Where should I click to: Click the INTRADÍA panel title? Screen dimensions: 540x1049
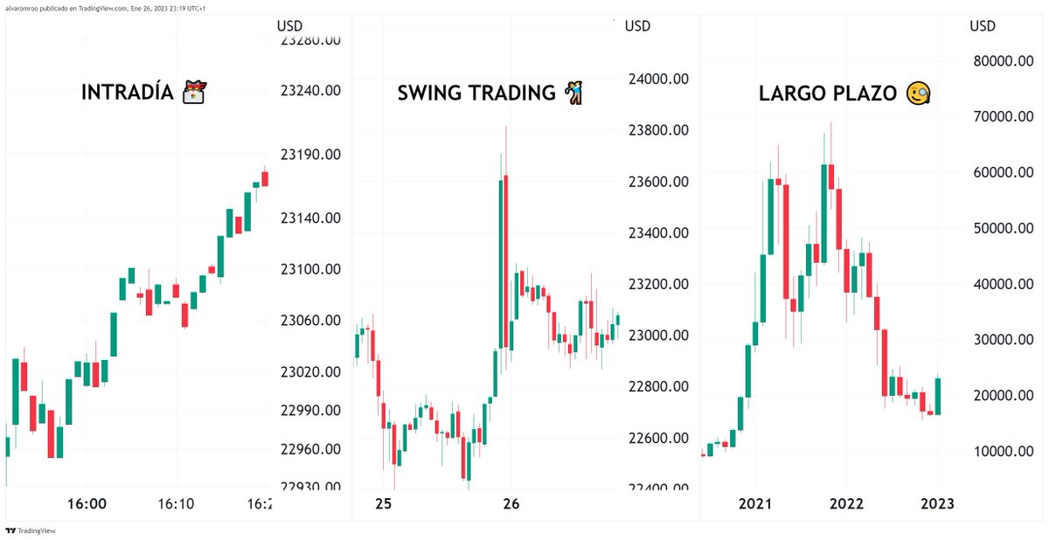(x=129, y=93)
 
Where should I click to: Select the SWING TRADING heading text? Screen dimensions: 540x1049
(x=476, y=93)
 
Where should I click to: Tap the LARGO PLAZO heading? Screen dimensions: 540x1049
(x=828, y=93)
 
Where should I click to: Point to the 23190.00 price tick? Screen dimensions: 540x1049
(x=310, y=155)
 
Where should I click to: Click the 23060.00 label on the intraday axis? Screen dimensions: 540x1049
(x=310, y=321)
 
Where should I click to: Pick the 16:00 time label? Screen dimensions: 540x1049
(x=87, y=504)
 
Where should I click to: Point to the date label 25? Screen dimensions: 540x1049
(x=383, y=504)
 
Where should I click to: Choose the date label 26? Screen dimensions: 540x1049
(x=511, y=504)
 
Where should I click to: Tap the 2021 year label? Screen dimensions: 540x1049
(x=754, y=504)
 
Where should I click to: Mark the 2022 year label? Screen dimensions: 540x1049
(x=846, y=504)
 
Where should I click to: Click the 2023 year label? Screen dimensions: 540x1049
(x=937, y=504)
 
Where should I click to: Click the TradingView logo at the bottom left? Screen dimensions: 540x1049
(x=30, y=530)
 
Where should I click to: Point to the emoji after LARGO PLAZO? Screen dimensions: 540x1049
(x=918, y=93)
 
